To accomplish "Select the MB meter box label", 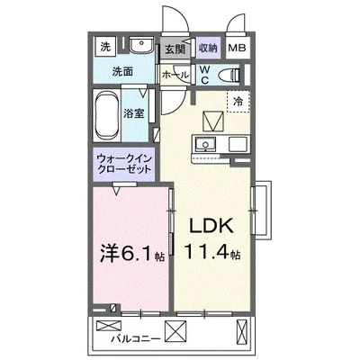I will [x=235, y=49].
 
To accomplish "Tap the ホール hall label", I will [x=174, y=75].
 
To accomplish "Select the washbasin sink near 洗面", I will [x=139, y=47].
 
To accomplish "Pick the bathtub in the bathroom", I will [x=115, y=115].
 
